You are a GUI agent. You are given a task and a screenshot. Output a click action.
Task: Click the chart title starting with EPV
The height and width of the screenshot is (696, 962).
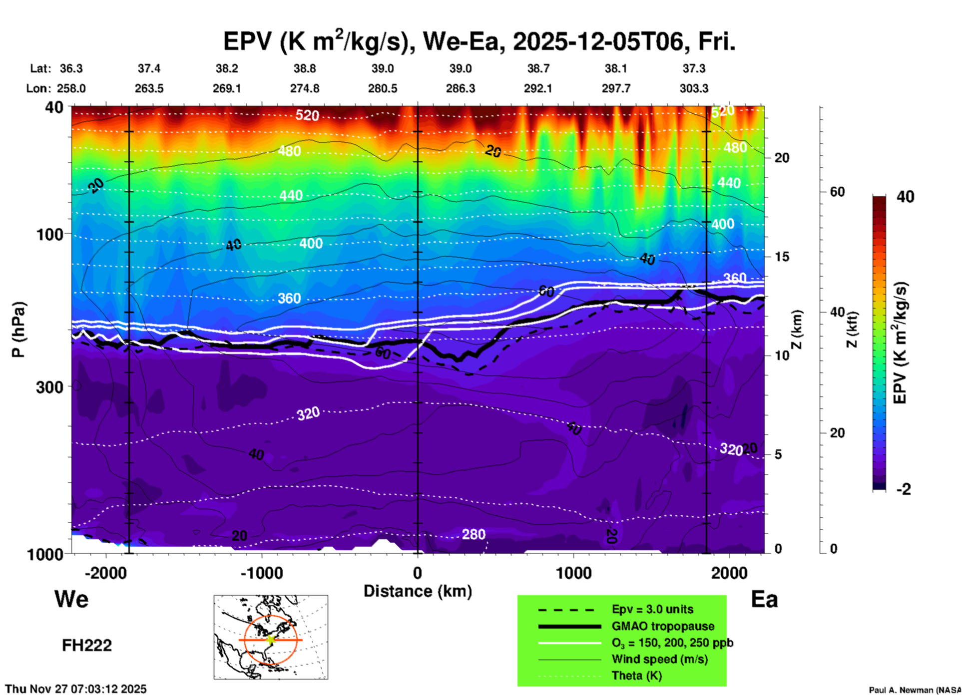click(x=479, y=42)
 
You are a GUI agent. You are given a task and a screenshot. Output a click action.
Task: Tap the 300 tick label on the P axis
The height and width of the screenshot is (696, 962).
click(x=50, y=386)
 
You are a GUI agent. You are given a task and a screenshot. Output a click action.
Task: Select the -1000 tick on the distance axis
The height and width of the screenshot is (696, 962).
click(x=262, y=573)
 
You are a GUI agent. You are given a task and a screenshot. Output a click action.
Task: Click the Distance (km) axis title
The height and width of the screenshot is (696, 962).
click(x=418, y=591)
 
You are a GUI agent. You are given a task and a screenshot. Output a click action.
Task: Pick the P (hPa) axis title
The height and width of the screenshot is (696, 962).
click(x=18, y=330)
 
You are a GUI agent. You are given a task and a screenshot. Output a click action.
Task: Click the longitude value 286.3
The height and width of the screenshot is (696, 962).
click(x=460, y=88)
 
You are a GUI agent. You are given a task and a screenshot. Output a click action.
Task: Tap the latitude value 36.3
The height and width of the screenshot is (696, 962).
click(x=71, y=68)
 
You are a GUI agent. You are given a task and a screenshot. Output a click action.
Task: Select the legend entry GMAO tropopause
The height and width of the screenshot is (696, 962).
click(x=663, y=626)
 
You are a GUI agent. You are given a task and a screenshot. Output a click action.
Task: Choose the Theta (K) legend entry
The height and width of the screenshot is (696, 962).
click(x=636, y=676)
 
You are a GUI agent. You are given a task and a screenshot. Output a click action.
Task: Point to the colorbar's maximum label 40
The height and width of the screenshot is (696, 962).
click(x=905, y=197)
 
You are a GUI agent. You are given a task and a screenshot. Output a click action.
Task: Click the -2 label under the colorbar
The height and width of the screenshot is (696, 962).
click(x=904, y=489)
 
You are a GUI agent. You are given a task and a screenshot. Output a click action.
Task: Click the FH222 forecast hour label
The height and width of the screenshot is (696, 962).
click(x=86, y=646)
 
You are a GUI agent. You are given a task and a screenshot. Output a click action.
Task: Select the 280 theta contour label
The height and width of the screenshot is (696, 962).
click(x=473, y=534)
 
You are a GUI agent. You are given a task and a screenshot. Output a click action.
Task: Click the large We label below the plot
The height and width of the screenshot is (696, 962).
click(x=71, y=599)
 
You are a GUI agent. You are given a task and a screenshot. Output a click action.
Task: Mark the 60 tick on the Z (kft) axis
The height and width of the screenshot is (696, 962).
click(x=837, y=192)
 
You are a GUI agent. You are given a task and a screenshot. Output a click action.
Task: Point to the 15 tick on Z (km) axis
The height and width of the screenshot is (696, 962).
click(x=782, y=257)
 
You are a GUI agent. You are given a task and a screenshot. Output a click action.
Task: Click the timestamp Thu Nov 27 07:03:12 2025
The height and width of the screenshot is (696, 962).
click(x=76, y=689)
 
